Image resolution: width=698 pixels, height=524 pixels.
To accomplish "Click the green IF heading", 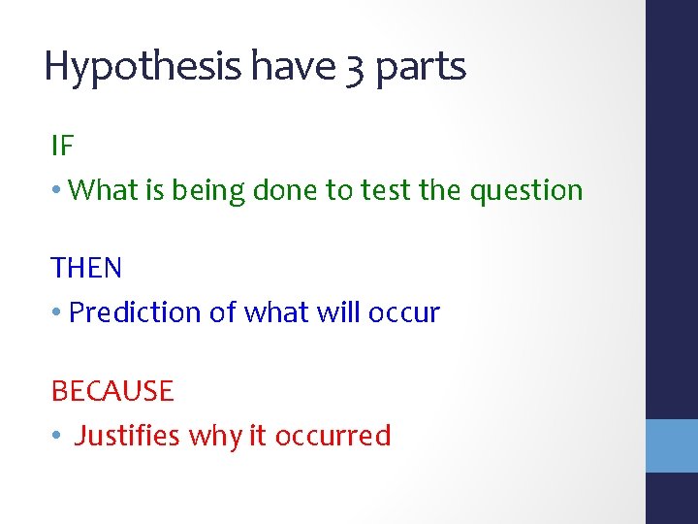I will click(62, 147).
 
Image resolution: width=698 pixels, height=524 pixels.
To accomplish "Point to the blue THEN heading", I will click(86, 268).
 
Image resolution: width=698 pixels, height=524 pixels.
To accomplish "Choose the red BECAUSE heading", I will click(112, 391).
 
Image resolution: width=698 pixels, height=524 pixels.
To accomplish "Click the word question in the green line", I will click(526, 191).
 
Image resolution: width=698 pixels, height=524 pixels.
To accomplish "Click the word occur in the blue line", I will click(404, 313).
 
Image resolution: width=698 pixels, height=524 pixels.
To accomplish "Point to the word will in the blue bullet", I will click(341, 312).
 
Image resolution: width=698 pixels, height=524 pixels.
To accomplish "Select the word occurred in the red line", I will click(333, 436).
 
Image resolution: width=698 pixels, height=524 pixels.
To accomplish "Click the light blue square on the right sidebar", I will click(672, 445).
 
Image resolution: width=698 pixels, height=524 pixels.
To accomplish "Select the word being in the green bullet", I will click(208, 191).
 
